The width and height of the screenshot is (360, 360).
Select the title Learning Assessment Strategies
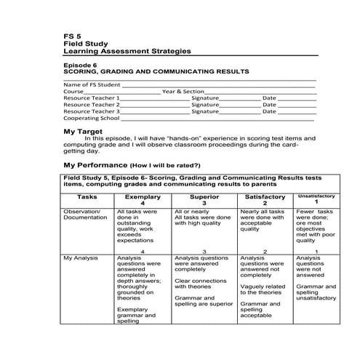[x=127, y=52]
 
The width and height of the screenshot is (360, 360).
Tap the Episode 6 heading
[x=82, y=65]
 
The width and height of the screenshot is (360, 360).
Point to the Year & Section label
[x=183, y=92]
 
